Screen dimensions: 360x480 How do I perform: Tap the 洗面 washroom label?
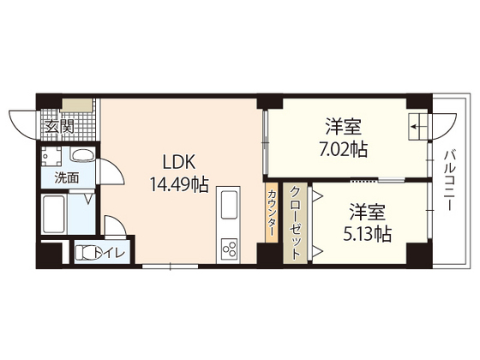[x=67, y=177]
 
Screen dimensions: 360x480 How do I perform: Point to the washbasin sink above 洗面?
[x=82, y=157]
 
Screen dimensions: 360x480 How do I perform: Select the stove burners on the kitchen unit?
[x=230, y=249]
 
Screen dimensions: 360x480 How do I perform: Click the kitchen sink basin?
[x=230, y=207]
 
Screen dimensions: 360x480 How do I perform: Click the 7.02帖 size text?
[x=342, y=149]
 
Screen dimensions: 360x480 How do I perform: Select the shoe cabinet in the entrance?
[x=77, y=106]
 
